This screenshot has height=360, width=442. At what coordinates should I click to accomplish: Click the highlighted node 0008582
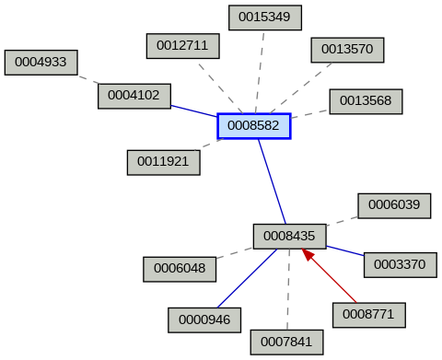[254, 125]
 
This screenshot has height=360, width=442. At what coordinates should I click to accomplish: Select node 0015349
[264, 17]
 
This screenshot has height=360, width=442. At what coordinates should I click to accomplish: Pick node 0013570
[347, 49]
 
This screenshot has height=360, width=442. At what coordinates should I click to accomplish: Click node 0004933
[41, 62]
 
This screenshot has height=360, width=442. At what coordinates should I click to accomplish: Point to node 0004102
[134, 94]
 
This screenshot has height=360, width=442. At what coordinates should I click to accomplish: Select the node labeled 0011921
[163, 161]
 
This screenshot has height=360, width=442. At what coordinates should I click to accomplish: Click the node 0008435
[289, 236]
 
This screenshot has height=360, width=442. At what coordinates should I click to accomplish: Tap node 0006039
[394, 204]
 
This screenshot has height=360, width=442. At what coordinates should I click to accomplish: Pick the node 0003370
[401, 264]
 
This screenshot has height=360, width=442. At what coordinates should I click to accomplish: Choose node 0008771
[368, 313]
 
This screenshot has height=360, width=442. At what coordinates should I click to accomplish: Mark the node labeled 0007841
[286, 342]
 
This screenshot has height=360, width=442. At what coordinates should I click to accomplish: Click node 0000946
[204, 319]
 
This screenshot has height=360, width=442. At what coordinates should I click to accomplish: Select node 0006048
[180, 269]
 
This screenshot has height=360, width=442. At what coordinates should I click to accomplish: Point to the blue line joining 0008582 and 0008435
[272, 180]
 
